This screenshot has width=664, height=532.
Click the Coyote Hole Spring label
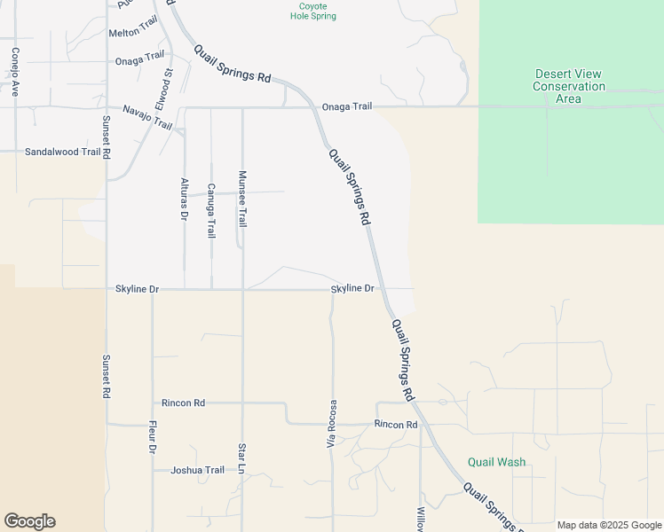318,11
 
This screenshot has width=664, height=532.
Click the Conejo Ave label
15,72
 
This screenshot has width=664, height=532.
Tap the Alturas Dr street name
185,199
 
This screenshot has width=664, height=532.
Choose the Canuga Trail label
211,210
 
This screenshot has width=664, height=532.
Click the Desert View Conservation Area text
568,86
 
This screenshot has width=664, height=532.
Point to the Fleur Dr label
153,437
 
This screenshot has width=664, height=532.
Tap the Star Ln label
241,458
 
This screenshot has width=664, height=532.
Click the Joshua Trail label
197,470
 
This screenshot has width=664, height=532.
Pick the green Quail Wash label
496,462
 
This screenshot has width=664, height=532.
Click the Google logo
29,521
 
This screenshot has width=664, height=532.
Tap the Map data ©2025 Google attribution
609,525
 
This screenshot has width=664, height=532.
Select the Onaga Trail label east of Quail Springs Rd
346,106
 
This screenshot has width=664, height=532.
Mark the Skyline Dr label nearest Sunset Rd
137,289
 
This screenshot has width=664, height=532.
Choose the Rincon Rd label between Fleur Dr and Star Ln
183,403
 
